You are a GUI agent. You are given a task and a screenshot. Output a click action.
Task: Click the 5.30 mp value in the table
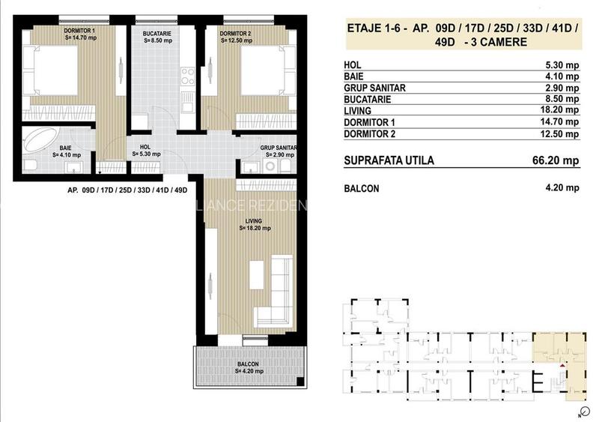[x=564, y=64]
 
